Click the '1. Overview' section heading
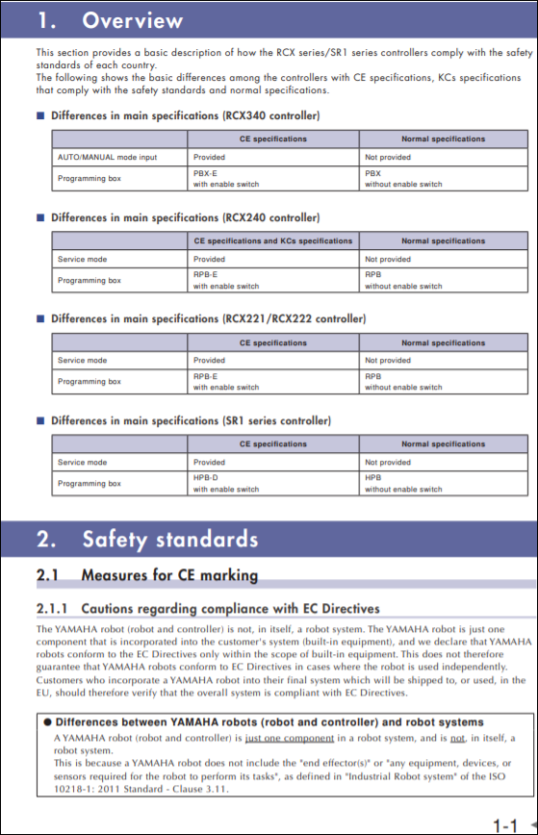(x=109, y=20)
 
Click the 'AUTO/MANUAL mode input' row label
(x=107, y=157)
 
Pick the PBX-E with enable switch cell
(x=225, y=178)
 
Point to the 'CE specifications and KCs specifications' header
(x=273, y=240)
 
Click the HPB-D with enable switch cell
(x=225, y=483)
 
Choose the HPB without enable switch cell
(x=403, y=483)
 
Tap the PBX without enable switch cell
(x=403, y=178)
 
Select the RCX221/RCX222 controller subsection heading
(x=208, y=318)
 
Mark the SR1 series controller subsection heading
(x=191, y=420)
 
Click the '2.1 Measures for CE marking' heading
(x=147, y=576)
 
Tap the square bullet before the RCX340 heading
(x=40, y=116)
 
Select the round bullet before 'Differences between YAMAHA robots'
(x=46, y=721)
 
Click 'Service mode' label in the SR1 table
(x=83, y=463)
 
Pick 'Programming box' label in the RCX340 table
(x=90, y=179)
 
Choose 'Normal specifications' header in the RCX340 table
(x=443, y=139)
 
